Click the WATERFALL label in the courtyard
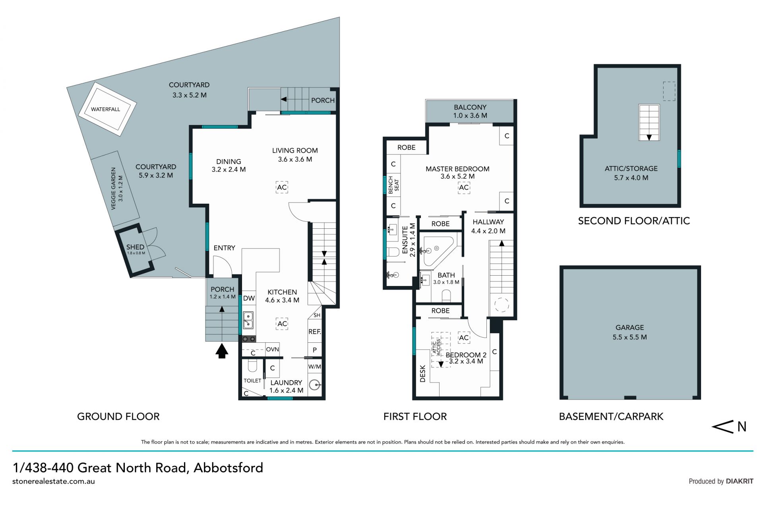point(105,109)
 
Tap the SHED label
point(135,247)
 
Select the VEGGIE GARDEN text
point(114,189)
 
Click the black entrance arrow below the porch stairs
point(222,351)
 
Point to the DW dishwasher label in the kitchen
point(249,298)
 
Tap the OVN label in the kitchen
point(272,350)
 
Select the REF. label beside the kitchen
point(315,331)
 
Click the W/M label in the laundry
point(315,367)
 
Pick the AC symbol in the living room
point(282,187)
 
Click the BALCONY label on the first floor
point(470,107)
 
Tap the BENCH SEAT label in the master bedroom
point(393,185)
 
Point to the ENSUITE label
point(405,240)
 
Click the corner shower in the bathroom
point(437,251)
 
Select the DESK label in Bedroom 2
point(422,374)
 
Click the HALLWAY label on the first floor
point(488,222)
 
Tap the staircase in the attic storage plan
point(649,122)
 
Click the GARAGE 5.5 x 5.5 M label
point(630,332)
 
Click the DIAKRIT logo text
point(740,481)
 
